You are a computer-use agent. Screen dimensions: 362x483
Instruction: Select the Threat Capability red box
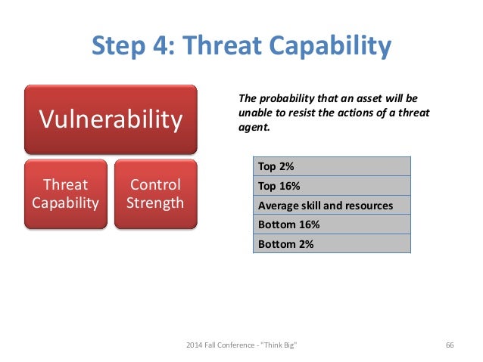point(65,193)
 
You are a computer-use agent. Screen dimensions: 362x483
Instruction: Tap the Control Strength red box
point(155,193)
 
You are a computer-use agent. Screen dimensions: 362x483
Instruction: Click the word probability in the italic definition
point(284,98)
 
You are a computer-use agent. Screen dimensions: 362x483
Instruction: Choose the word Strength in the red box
point(155,203)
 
